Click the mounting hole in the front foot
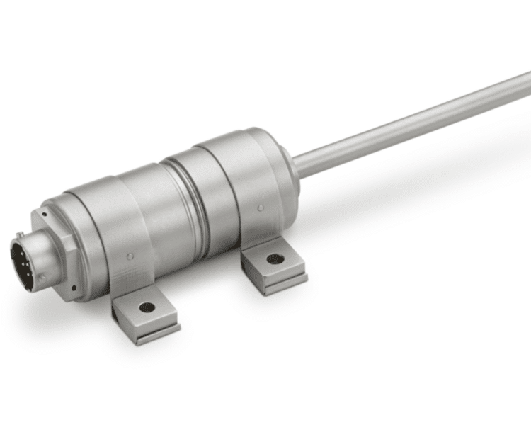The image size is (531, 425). tap(147, 307)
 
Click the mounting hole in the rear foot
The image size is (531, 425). tap(275, 259)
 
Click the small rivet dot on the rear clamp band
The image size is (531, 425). tap(261, 208)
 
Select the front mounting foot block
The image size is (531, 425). tap(145, 315)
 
